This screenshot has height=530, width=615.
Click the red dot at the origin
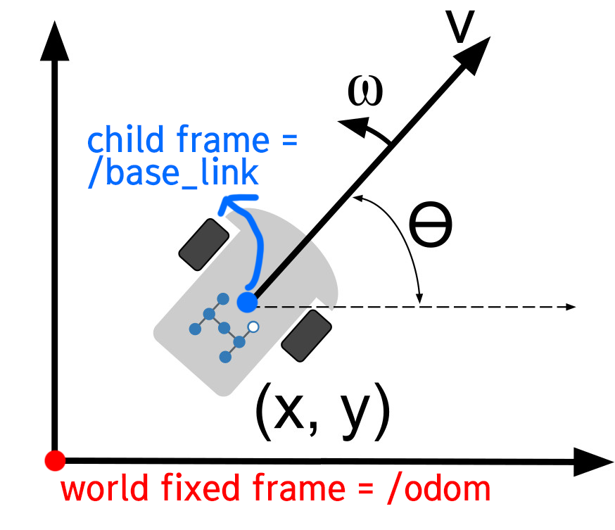[54, 461]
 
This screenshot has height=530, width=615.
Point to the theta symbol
[431, 225]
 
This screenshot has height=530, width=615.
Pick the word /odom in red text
[438, 488]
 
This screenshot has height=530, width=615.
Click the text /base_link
[173, 174]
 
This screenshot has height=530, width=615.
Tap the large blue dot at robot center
[247, 303]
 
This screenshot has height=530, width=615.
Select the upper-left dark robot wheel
[204, 244]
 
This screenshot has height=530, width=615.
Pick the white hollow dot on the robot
[254, 327]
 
